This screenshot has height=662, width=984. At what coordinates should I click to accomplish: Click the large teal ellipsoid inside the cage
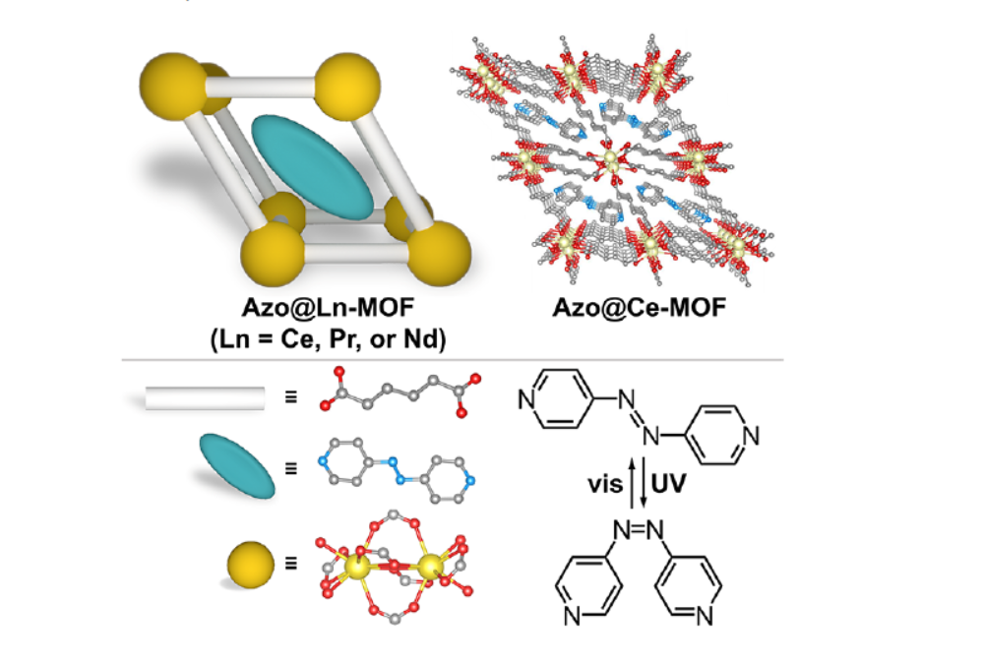(313, 167)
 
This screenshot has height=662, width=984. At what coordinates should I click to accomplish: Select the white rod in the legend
(205, 398)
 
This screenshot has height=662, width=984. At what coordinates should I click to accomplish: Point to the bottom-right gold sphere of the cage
(436, 252)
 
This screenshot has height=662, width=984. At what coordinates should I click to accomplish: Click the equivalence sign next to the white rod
(291, 399)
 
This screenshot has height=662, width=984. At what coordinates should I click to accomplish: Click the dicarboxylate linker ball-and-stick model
(400, 393)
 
